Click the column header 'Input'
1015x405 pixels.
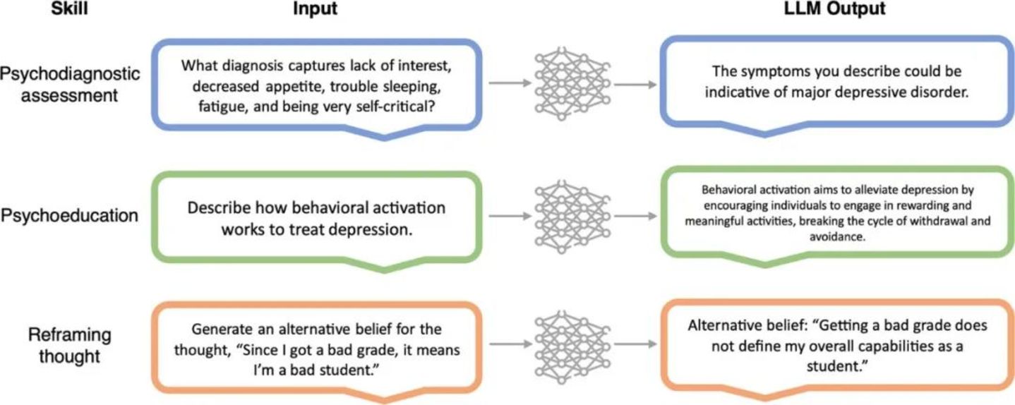click(315, 10)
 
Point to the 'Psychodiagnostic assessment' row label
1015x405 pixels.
click(69, 85)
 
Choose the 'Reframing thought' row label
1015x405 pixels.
click(69, 346)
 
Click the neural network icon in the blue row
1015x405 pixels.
click(570, 83)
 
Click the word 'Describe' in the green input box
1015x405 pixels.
click(218, 209)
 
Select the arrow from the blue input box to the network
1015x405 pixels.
click(508, 83)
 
